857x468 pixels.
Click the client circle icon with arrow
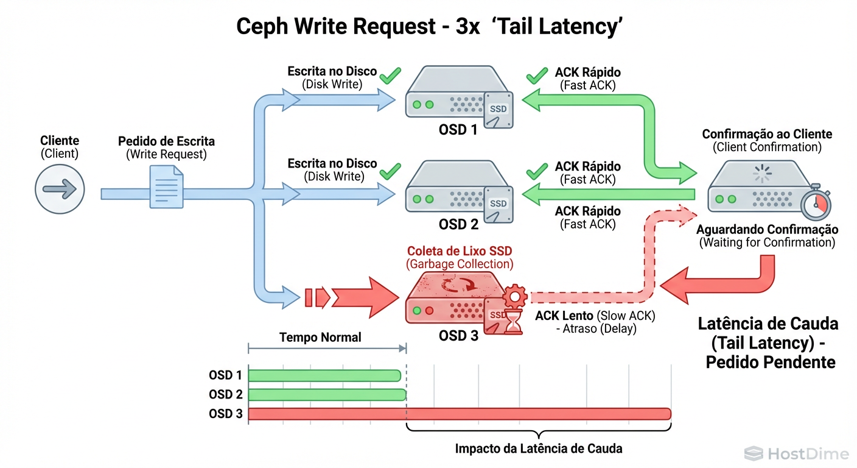pos(60,189)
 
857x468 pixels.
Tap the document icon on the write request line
pos(166,188)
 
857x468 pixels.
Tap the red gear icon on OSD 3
pos(515,297)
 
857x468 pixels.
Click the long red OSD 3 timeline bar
pos(460,414)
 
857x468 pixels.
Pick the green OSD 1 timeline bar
pos(324,375)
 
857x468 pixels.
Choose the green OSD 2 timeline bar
pos(327,394)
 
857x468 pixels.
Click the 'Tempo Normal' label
pos(320,337)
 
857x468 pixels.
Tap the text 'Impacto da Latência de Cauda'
pos(539,448)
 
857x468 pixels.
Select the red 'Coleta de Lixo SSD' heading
pos(460,250)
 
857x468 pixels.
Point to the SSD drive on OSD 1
pos(498,110)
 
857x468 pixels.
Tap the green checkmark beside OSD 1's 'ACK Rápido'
pos(537,76)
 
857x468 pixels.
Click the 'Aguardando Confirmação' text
pos(767,230)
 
